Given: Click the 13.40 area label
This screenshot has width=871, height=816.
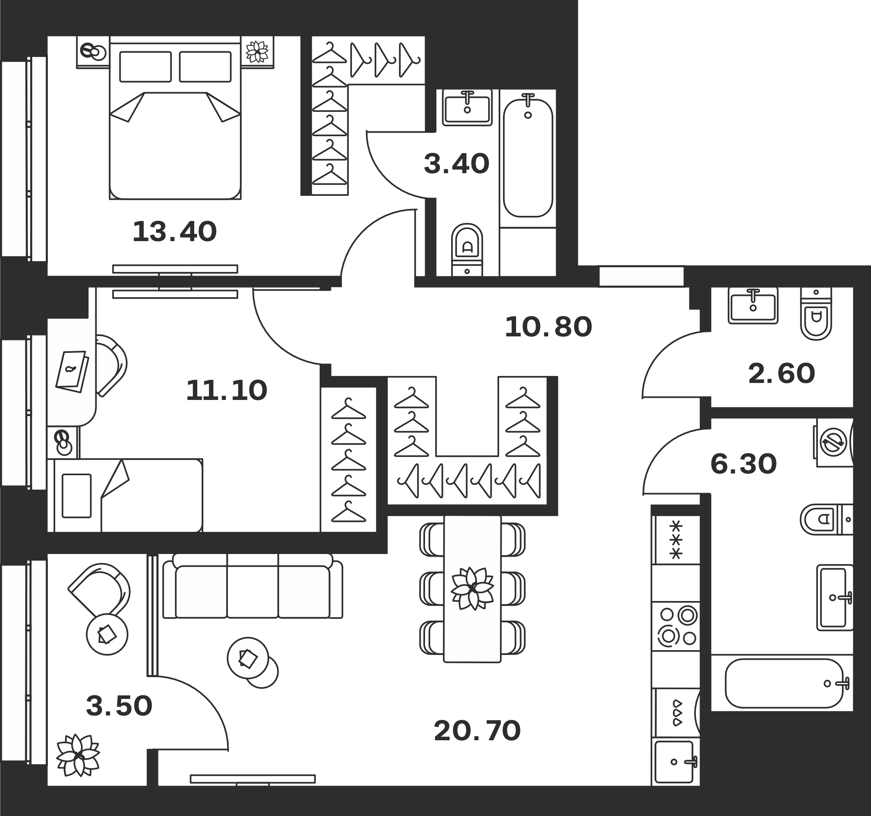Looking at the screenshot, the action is (174, 232).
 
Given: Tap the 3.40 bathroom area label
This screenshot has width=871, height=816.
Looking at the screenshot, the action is (456, 164).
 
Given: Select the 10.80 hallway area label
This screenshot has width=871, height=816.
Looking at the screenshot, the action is (548, 327).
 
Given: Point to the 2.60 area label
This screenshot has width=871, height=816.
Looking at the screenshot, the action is (782, 373).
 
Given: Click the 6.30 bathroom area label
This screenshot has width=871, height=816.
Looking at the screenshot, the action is (743, 464).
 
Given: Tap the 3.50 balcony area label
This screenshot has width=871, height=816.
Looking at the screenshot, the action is (119, 706).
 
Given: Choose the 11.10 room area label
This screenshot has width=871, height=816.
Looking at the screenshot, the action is (226, 390).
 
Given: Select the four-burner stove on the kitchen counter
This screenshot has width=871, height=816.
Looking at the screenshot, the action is (675, 626).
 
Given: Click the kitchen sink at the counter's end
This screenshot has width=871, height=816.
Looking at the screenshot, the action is (675, 762).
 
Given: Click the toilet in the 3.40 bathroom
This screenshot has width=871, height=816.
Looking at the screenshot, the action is (467, 249).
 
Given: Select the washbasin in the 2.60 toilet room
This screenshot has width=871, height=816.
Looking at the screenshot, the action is (753, 305).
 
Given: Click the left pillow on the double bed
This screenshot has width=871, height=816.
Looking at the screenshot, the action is (145, 67).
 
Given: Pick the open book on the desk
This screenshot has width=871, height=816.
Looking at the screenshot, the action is (72, 371).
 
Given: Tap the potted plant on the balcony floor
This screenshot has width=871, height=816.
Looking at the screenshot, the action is (78, 755).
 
